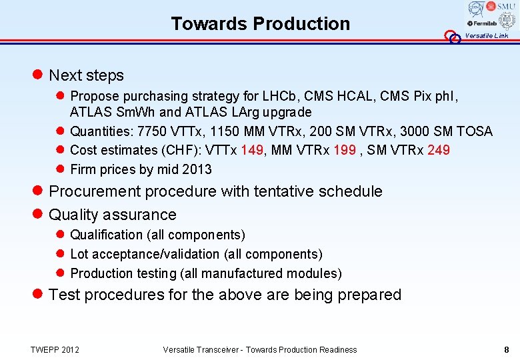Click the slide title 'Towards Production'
[260, 23]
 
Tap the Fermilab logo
[481, 23]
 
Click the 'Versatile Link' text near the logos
[487, 36]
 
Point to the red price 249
[438, 150]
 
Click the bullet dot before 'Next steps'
[39, 75]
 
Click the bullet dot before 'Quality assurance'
[39, 215]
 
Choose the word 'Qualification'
[106, 235]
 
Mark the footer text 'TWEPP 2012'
[55, 350]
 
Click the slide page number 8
[507, 350]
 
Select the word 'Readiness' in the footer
[335, 350]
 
